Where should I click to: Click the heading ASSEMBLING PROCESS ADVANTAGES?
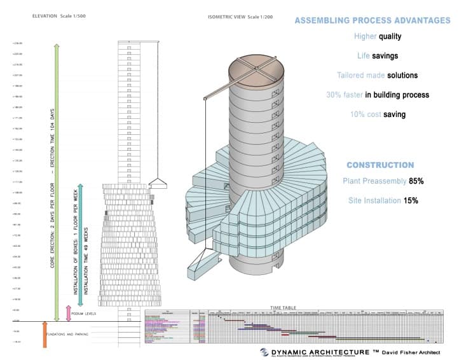(x=372, y=20)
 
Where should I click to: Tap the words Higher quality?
(x=378, y=36)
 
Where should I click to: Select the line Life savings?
(x=378, y=56)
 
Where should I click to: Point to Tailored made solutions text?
(x=378, y=75)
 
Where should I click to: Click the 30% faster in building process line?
(x=378, y=95)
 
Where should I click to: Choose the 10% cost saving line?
(x=378, y=114)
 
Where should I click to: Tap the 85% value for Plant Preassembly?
(x=416, y=181)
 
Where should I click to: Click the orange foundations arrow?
(x=44, y=335)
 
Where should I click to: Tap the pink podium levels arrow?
(x=69, y=313)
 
